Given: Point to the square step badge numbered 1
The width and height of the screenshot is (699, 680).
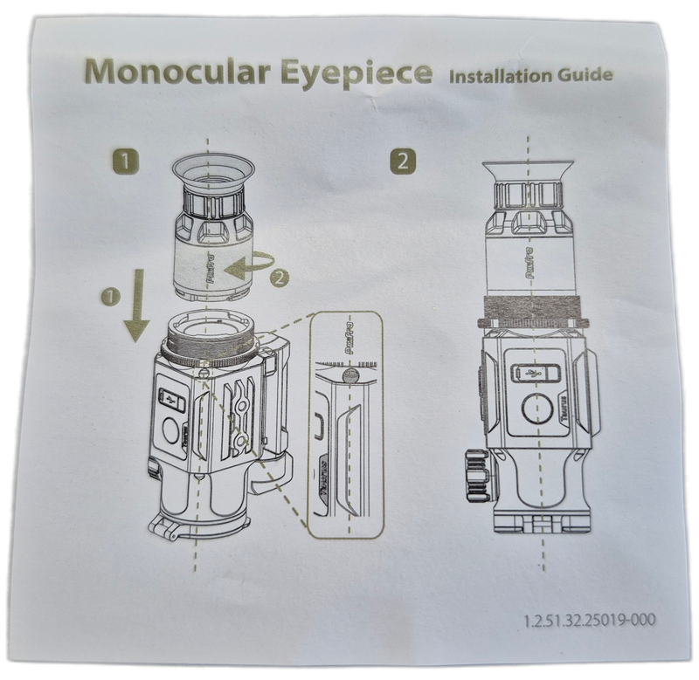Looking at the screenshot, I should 128,160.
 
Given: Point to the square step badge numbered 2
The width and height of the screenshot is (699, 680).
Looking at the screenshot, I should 402,160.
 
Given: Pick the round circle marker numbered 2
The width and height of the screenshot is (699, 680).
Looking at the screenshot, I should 277,280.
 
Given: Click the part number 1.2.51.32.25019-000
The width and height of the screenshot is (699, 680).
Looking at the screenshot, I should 591,622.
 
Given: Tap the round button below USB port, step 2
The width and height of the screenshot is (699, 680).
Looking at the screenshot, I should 530,410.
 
